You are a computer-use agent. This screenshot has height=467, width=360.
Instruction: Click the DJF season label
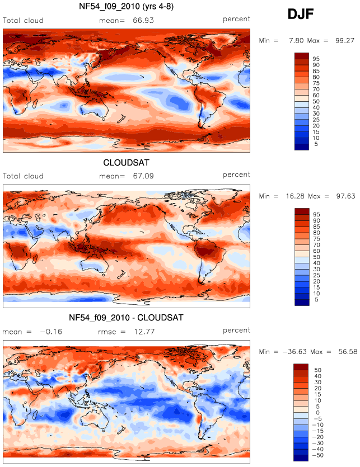301,14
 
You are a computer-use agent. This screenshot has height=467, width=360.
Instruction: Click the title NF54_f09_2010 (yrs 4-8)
126,6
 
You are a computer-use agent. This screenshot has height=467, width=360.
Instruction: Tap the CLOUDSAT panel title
126,163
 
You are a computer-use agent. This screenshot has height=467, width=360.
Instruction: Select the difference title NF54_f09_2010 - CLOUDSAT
126,318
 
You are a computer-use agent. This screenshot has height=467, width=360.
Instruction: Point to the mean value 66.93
143,21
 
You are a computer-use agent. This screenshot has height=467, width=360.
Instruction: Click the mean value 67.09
143,176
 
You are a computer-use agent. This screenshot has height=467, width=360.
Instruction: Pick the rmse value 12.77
144,332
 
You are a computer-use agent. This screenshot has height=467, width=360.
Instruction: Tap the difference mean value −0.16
51,332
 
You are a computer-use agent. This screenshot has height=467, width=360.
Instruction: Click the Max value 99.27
345,40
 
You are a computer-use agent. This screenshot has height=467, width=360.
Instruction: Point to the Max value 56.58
348,352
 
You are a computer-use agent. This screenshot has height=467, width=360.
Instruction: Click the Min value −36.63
294,352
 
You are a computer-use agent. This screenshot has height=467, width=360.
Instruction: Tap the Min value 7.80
297,40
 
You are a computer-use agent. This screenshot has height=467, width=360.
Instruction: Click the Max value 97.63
345,196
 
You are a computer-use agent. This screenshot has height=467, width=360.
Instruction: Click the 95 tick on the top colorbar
316,59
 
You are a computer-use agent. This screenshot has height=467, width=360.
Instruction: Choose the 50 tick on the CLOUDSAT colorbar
316,257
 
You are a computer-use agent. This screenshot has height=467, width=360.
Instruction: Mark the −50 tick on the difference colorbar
317,455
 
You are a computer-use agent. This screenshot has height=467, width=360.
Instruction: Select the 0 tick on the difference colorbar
317,413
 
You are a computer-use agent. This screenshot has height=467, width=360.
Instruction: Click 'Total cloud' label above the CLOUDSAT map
23,176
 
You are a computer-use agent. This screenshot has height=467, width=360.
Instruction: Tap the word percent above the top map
236,19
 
